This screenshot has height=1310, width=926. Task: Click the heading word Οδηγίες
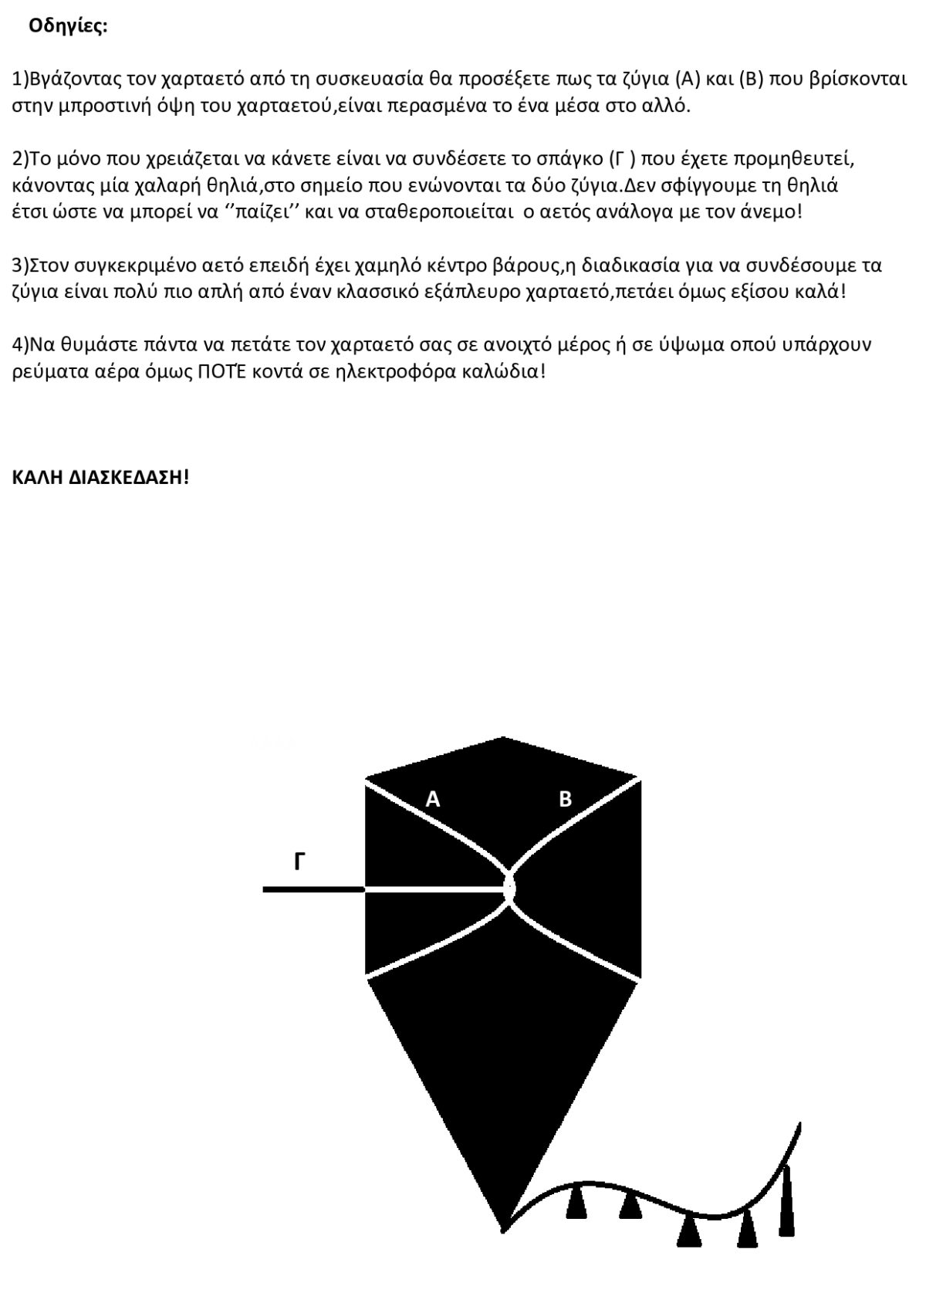68,26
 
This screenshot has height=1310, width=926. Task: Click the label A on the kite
433,800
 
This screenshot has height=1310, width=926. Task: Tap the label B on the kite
566,800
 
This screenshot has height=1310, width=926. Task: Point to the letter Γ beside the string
301,862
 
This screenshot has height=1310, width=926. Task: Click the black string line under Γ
313,889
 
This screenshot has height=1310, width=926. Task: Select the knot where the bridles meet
509,889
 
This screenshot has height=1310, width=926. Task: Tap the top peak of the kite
503,739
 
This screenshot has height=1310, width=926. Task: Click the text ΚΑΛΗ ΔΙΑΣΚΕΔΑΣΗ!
100,476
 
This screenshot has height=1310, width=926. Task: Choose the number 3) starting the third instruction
21,266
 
